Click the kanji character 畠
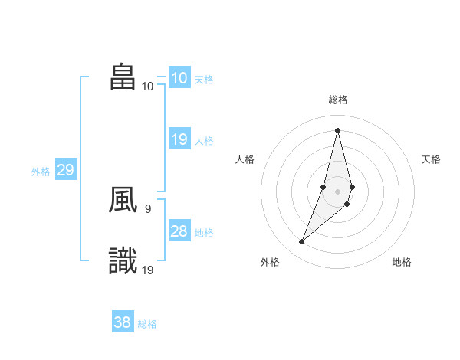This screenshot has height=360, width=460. tap(123, 78)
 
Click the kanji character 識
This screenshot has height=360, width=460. tap(123, 261)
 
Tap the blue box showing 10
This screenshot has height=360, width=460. tap(179, 78)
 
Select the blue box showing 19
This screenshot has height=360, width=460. tap(179, 139)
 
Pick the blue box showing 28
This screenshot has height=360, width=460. tap(179, 231)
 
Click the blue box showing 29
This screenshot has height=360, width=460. tap(65, 170)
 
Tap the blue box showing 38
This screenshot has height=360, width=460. tap(123, 322)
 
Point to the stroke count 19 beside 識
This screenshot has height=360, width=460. tap(148, 269)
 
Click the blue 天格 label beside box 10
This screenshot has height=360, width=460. tap(204, 80)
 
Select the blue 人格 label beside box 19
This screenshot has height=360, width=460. tap(204, 141)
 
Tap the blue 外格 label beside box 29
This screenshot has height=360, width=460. tap(41, 172)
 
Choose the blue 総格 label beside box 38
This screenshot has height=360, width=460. tap(147, 324)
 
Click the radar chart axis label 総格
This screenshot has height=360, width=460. tap(338, 100)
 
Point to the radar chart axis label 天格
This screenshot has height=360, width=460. tap(432, 159)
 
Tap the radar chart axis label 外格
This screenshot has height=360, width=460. tap(270, 262)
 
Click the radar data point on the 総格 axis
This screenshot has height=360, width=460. tap(337, 129)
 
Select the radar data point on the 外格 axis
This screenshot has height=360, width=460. tap(302, 242)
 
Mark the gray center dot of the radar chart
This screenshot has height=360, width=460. tap(337, 191)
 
